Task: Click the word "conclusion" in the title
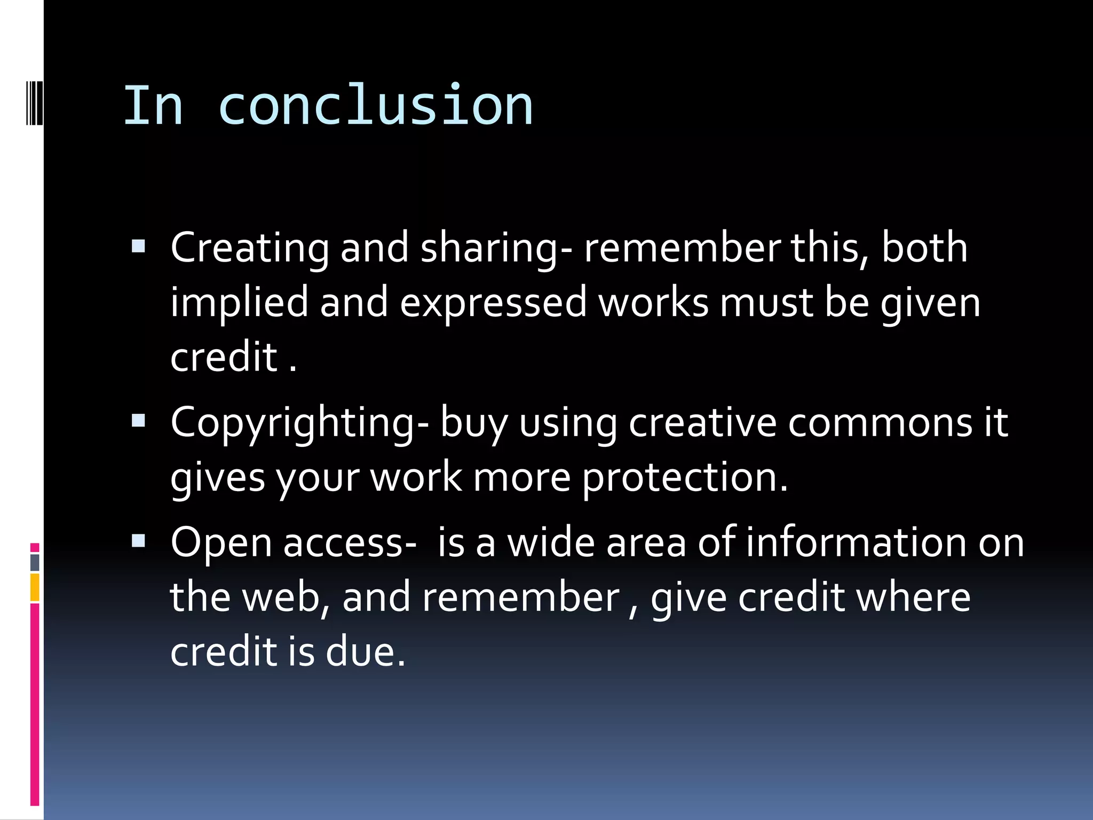[375, 106]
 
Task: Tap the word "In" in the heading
[153, 106]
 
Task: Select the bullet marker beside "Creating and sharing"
[138, 246]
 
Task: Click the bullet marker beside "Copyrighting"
[138, 421]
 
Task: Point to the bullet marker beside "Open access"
[138, 541]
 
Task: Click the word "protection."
[685, 478]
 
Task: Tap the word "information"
[856, 543]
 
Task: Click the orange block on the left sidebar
[35, 587]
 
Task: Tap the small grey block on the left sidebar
[35, 562]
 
